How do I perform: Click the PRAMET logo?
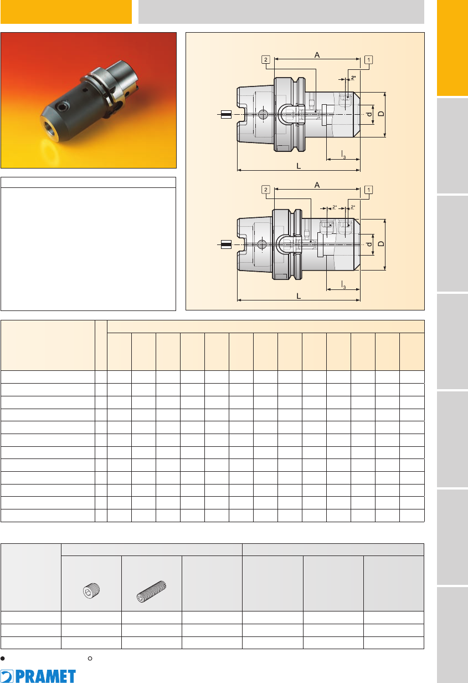click(x=38, y=676)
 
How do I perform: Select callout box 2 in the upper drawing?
click(x=266, y=59)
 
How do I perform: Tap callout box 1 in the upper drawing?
click(x=369, y=60)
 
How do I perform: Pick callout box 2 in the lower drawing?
click(x=266, y=190)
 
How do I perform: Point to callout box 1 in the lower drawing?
click(x=369, y=190)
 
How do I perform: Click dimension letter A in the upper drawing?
click(x=317, y=55)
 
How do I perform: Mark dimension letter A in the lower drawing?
click(x=317, y=185)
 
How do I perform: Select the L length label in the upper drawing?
click(x=299, y=166)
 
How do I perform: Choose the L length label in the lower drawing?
click(x=299, y=296)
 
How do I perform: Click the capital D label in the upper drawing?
click(x=381, y=114)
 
